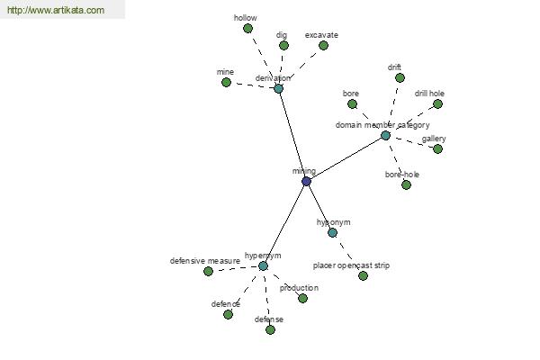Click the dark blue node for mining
(x=306, y=181)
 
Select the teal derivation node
(x=279, y=88)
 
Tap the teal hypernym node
(x=263, y=266)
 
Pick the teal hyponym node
(x=332, y=232)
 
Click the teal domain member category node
(x=386, y=135)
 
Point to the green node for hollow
(x=247, y=28)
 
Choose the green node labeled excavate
(x=323, y=45)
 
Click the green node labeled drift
(x=400, y=78)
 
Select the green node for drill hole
(x=437, y=103)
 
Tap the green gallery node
(x=437, y=148)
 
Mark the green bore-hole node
(x=407, y=185)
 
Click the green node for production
(x=302, y=298)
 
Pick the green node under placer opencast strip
(x=363, y=275)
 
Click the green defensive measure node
(x=208, y=272)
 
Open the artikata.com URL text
(x=56, y=10)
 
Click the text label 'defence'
(x=226, y=304)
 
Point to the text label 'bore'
(x=351, y=94)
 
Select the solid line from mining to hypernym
(x=284, y=223)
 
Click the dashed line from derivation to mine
(x=252, y=85)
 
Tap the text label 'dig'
(x=282, y=35)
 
